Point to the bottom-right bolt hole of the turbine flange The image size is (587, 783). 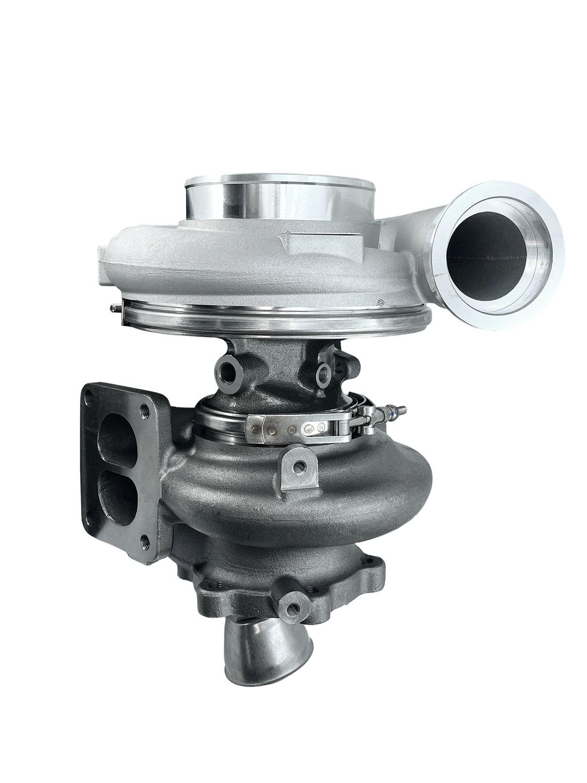coord(144,540)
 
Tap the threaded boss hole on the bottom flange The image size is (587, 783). coord(293,607)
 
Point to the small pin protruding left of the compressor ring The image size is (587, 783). coord(115,306)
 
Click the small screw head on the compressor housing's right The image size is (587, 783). coord(380,302)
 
